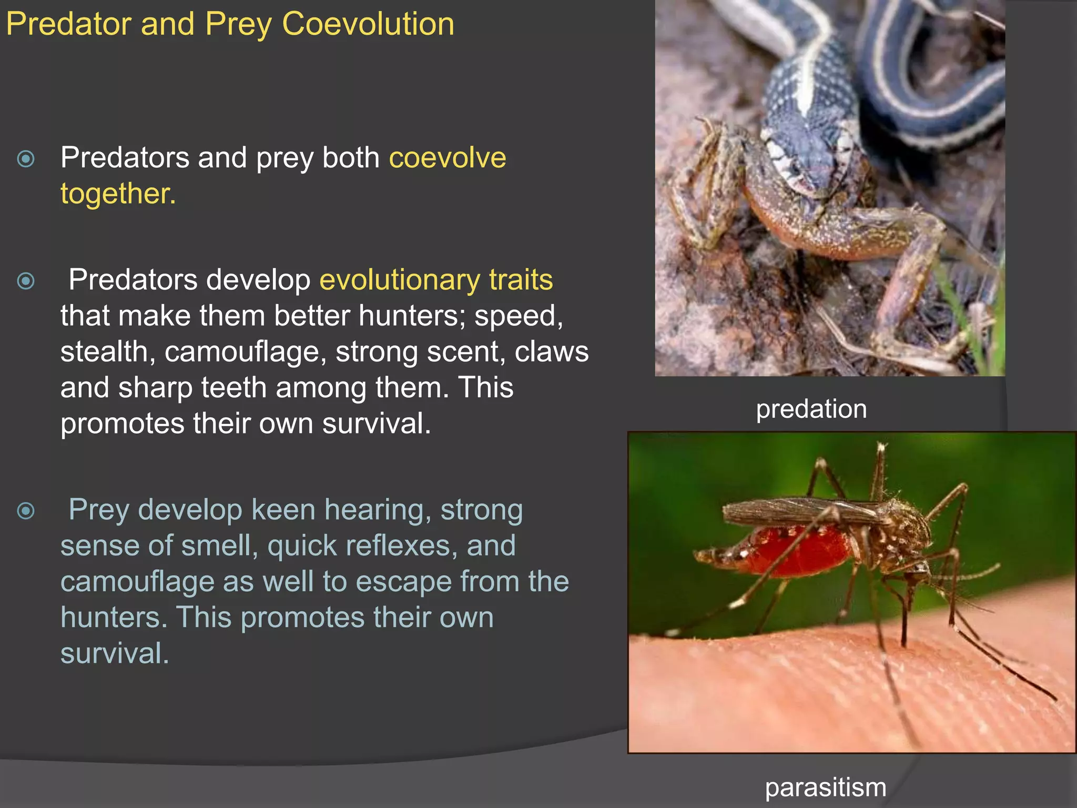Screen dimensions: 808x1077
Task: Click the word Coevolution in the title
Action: pyautogui.click(x=368, y=24)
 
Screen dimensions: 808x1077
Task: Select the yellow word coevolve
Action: pyautogui.click(x=447, y=158)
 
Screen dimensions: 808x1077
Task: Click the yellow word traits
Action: pyautogui.click(x=521, y=280)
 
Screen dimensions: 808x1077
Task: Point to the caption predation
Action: pyautogui.click(x=811, y=409)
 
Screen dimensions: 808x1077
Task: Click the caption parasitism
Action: pyautogui.click(x=825, y=787)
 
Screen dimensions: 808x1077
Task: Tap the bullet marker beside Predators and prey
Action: pyautogui.click(x=26, y=159)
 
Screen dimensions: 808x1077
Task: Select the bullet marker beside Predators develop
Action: pyautogui.click(x=26, y=281)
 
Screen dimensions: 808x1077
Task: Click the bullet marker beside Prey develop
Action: pyautogui.click(x=26, y=511)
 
